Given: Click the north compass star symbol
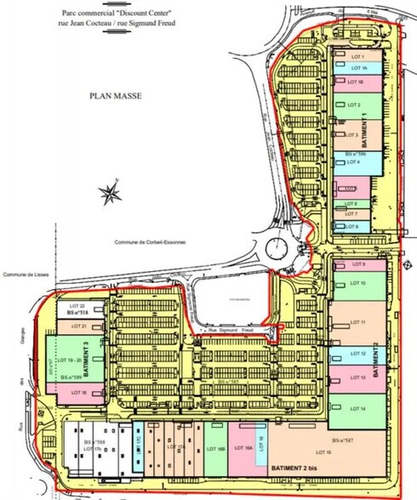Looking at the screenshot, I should coord(110,194).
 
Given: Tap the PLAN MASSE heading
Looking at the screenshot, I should coord(116,97).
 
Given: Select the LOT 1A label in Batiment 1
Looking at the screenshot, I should coord(358,68).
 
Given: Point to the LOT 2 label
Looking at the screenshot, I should coord(354,105).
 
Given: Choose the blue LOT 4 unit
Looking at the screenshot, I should coord(354,162).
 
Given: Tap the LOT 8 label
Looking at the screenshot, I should coord(352,226).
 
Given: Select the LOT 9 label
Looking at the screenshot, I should coord(357,265).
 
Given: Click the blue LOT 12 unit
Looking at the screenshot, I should coord(357,353).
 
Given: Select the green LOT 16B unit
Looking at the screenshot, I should coord(215,448).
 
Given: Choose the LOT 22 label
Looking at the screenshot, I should coord(77,304).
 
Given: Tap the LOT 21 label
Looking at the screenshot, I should coord(77,327).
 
